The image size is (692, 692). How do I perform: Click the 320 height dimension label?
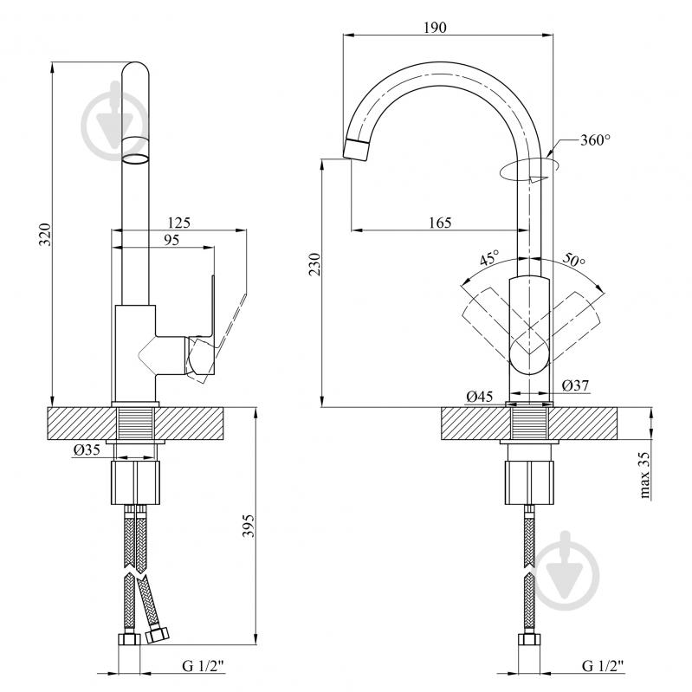point(45,235)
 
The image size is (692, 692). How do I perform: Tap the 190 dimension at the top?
point(435,28)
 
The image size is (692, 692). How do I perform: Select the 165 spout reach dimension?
point(441,223)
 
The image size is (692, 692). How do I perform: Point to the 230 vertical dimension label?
point(314,264)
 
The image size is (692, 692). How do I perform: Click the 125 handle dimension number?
point(178,223)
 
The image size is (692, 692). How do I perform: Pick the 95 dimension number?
point(171,240)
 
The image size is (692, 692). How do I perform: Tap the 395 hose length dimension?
point(249,525)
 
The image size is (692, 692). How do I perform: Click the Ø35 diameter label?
point(87,449)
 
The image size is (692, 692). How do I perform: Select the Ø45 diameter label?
point(480,397)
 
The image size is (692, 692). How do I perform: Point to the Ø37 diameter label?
point(575,385)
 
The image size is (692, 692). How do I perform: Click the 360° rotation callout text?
point(595,140)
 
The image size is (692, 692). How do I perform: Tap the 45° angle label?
point(489,257)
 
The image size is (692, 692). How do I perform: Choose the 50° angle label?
point(573,260)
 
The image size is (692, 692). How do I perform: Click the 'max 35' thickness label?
point(644,475)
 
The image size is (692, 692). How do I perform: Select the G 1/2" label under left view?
point(204,665)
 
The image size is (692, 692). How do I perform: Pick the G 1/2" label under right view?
point(603,665)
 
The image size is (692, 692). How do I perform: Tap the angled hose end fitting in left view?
point(157,635)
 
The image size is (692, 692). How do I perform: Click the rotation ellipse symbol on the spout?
point(528,169)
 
